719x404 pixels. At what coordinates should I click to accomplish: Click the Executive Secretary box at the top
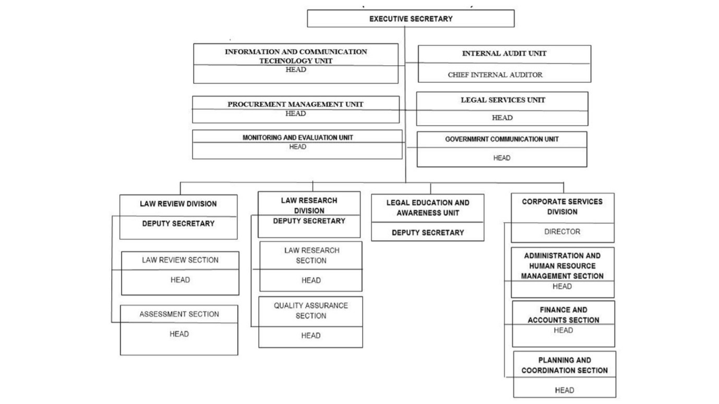click(x=411, y=19)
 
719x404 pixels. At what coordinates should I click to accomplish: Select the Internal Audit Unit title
click(x=504, y=54)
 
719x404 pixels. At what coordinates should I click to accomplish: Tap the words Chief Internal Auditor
click(x=495, y=75)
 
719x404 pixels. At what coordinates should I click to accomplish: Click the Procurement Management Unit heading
click(x=295, y=104)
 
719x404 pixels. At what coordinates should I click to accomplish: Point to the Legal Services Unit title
click(x=502, y=100)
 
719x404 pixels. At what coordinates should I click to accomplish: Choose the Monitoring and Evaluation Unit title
click(x=297, y=138)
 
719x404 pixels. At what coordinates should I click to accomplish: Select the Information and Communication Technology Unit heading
click(x=296, y=56)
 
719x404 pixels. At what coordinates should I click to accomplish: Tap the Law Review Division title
click(x=178, y=204)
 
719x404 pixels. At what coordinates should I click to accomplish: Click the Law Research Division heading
click(x=309, y=205)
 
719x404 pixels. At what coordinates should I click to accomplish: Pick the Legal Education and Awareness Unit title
click(x=427, y=208)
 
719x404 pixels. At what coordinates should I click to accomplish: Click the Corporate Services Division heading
click(x=562, y=207)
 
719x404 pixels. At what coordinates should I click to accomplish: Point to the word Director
click(x=562, y=231)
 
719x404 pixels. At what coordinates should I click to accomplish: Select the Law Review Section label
click(x=180, y=260)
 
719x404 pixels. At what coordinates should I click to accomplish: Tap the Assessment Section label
click(x=179, y=314)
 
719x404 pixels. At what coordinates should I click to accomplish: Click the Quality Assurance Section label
click(x=310, y=311)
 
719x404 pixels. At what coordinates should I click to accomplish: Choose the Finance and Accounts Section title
click(x=564, y=315)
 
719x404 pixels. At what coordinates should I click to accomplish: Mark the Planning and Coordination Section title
click(x=564, y=365)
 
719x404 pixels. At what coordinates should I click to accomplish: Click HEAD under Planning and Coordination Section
click(x=564, y=390)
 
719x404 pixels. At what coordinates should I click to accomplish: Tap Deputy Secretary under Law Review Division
click(x=178, y=224)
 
